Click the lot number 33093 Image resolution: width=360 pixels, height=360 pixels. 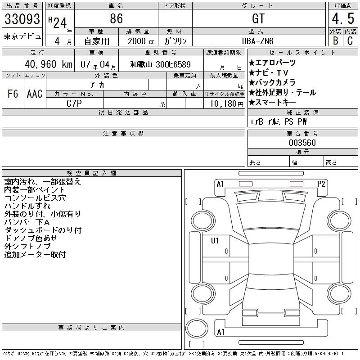click(x=22, y=20)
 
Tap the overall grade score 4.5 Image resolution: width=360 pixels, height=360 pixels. click(x=342, y=19)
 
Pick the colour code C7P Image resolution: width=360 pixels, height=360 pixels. click(x=74, y=103)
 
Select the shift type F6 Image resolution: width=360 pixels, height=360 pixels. click(x=13, y=94)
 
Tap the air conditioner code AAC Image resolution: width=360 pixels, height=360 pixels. click(x=35, y=94)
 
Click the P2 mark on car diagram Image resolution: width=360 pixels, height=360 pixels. click(x=321, y=184)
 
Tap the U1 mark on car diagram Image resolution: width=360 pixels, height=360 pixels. click(x=215, y=241)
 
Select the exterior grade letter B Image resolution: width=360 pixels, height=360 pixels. click(x=335, y=40)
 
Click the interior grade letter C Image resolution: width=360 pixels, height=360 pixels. click(x=350, y=40)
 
